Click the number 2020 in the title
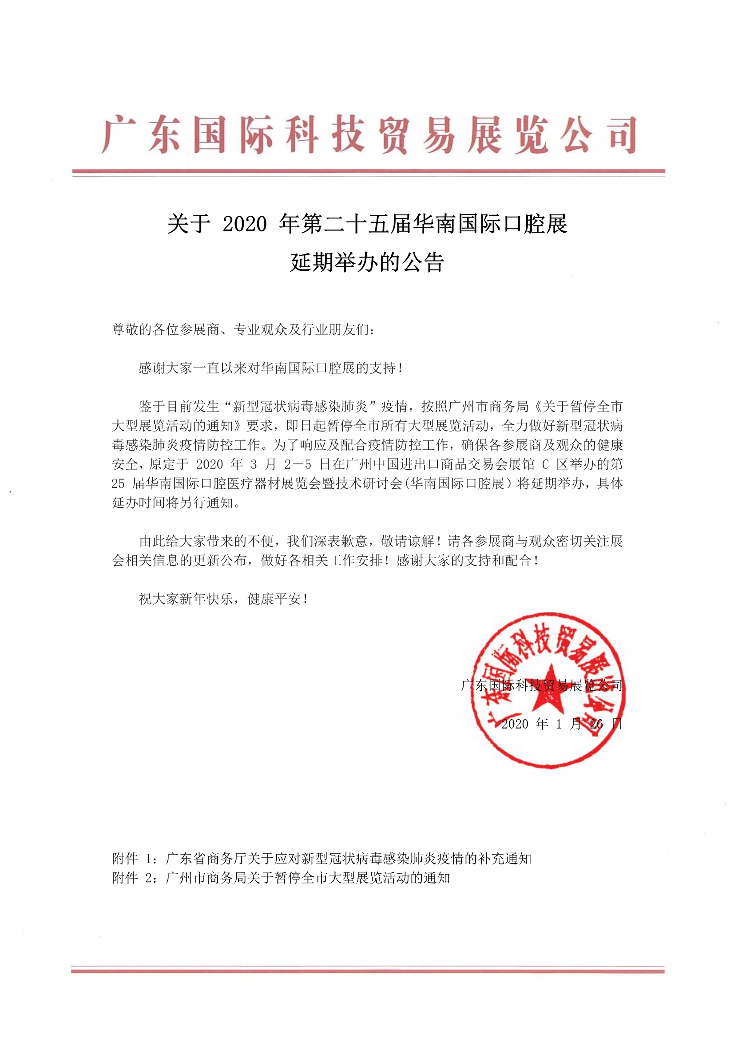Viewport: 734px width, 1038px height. pos(245,224)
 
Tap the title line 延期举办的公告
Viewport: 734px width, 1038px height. pos(367,262)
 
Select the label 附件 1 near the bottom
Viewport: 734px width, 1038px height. pos(131,859)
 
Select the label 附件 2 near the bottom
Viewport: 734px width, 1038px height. pos(131,878)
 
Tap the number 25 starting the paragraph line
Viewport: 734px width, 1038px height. pos(118,484)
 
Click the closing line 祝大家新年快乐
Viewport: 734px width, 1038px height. pos(224,599)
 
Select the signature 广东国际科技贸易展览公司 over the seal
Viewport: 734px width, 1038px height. pos(541,685)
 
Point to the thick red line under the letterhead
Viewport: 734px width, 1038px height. pos(368,171)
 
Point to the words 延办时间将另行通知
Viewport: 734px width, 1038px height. pos(176,503)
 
